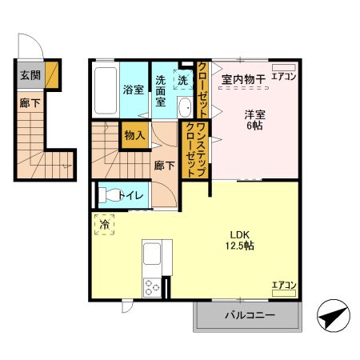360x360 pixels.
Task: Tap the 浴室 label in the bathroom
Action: pyautogui.click(x=133, y=89)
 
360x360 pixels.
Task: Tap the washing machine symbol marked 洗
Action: pyautogui.click(x=183, y=80)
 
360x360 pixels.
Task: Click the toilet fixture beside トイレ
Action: pyautogui.click(x=105, y=194)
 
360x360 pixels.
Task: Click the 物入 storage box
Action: pyautogui.click(x=134, y=136)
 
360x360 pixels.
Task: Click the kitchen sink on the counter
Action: pyautogui.click(x=152, y=258)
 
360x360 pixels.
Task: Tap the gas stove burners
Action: pyautogui.click(x=151, y=286)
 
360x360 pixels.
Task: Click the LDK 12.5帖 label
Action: pyautogui.click(x=239, y=239)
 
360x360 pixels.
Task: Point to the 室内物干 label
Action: pyautogui.click(x=242, y=78)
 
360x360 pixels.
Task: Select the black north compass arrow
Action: pyautogui.click(x=333, y=316)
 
